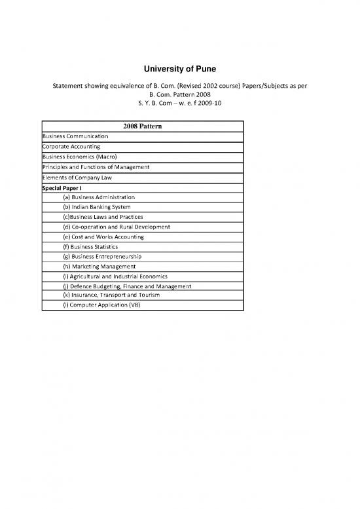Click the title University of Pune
(180, 69)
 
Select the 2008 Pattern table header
(142, 125)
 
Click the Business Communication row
(76, 136)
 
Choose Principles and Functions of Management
(96, 167)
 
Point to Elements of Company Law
(77, 178)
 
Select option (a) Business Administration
(99, 197)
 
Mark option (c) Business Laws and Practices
(103, 217)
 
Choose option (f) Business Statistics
(90, 246)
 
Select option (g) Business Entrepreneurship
(102, 256)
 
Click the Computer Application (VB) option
(101, 305)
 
